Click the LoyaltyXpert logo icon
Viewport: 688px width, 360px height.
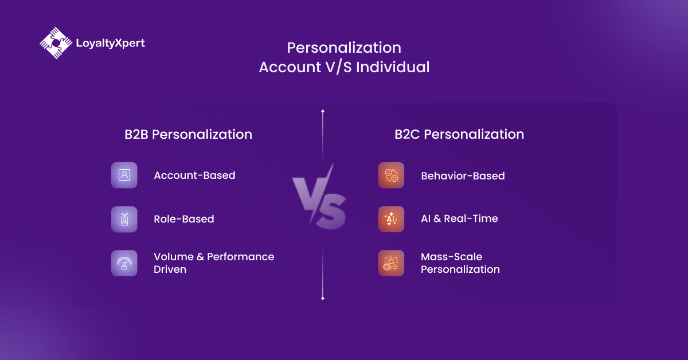pyautogui.click(x=56, y=43)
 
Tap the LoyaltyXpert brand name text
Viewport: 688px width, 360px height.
pyautogui.click(x=110, y=43)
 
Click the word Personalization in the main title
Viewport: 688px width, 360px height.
pyautogui.click(x=344, y=48)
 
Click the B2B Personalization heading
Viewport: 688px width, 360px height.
pyautogui.click(x=188, y=134)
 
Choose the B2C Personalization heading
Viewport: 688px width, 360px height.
pyautogui.click(x=459, y=134)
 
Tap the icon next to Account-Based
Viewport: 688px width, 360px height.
pyautogui.click(x=124, y=175)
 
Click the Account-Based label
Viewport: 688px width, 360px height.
pyautogui.click(x=194, y=175)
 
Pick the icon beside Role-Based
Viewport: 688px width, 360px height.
pyautogui.click(x=124, y=219)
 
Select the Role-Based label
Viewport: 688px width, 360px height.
pyautogui.click(x=184, y=219)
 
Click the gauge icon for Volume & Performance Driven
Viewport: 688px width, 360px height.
pyautogui.click(x=124, y=263)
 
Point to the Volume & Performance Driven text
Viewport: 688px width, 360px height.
pyautogui.click(x=213, y=263)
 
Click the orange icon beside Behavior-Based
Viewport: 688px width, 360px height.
pyautogui.click(x=391, y=175)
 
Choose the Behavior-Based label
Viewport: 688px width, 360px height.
pyautogui.click(x=463, y=176)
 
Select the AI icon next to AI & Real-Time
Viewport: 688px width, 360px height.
pyautogui.click(x=391, y=219)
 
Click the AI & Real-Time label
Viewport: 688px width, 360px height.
pyautogui.click(x=459, y=218)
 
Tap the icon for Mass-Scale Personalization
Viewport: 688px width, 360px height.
pyautogui.click(x=391, y=263)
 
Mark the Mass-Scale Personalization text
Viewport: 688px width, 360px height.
pyautogui.click(x=460, y=263)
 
